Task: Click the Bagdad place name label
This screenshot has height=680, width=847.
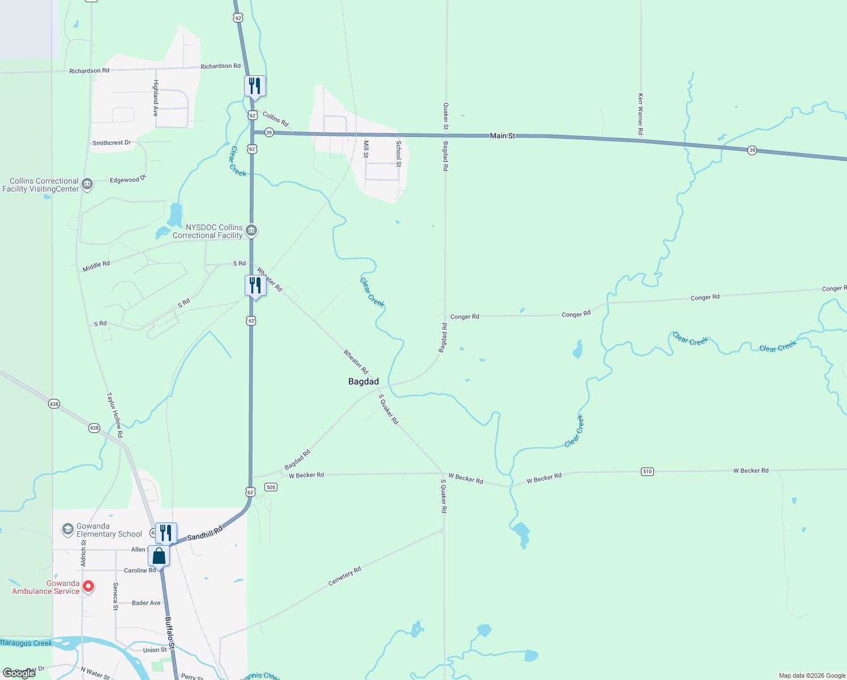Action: pos(363,381)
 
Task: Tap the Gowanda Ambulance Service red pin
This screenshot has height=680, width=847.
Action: pos(88,586)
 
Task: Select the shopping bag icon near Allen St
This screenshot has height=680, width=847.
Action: pos(159,556)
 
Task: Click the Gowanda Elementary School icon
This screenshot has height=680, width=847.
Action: pos(68,530)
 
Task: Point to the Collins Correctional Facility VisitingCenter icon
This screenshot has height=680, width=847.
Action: pos(87,184)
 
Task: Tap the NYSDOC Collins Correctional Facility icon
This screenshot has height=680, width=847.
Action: pos(252,231)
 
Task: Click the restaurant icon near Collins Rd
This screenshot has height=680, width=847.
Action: pos(255,86)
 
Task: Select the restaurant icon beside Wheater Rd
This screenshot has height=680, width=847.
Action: pos(255,286)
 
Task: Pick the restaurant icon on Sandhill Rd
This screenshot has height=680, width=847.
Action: pos(166,533)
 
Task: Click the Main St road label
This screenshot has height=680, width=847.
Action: pos(503,136)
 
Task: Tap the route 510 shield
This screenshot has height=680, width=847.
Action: pos(647,471)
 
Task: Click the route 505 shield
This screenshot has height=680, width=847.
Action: pos(271,487)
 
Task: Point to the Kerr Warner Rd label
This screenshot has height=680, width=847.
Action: pos(640,114)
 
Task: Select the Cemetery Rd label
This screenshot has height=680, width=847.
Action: pos(345,576)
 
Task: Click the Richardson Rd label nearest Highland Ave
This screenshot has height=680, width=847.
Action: pos(89,71)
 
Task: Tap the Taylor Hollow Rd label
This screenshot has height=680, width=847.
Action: pos(115,415)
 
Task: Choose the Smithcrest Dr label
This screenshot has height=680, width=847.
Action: pos(112,143)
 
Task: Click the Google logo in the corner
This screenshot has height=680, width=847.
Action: pos(19,673)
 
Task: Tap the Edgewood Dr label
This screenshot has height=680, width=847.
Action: pos(128,180)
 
